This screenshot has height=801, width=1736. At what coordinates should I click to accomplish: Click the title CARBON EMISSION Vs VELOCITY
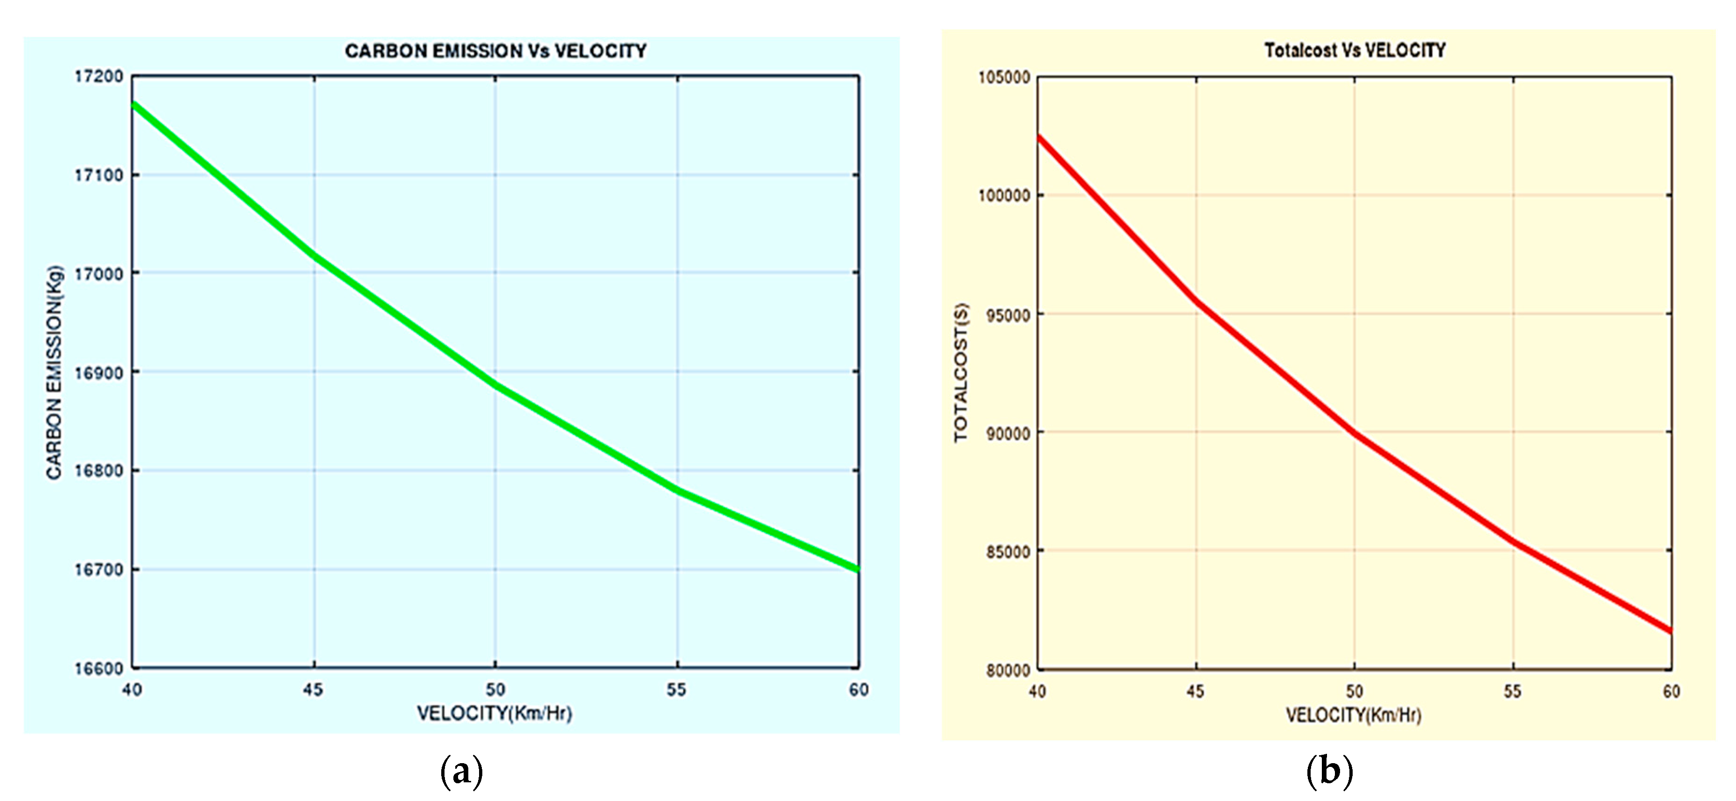pos(495,51)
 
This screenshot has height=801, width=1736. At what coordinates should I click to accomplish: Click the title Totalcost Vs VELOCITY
pos(1355,50)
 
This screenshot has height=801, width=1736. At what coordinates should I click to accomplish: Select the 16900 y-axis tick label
pos(99,373)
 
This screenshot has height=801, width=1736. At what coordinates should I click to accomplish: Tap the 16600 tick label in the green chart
pos(99,669)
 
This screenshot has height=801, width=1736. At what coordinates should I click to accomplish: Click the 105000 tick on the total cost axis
pos(1004,78)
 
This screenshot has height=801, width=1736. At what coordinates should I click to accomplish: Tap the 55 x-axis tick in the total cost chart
pos(1513,691)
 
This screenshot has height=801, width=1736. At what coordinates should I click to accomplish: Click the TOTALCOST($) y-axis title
pos(961,373)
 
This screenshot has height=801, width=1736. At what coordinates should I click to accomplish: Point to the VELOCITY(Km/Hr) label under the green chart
pos(494,713)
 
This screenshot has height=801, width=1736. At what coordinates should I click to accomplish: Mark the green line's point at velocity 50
pos(496,386)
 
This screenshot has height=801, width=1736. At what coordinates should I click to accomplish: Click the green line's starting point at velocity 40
pos(134,105)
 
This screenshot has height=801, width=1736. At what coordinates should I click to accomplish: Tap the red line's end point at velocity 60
pos(1670,631)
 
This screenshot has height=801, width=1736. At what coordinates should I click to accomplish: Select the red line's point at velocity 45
pos(1196,301)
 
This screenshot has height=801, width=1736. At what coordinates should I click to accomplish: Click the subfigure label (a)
pos(462,771)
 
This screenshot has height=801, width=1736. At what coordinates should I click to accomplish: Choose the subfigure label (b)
pos(1329,771)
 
